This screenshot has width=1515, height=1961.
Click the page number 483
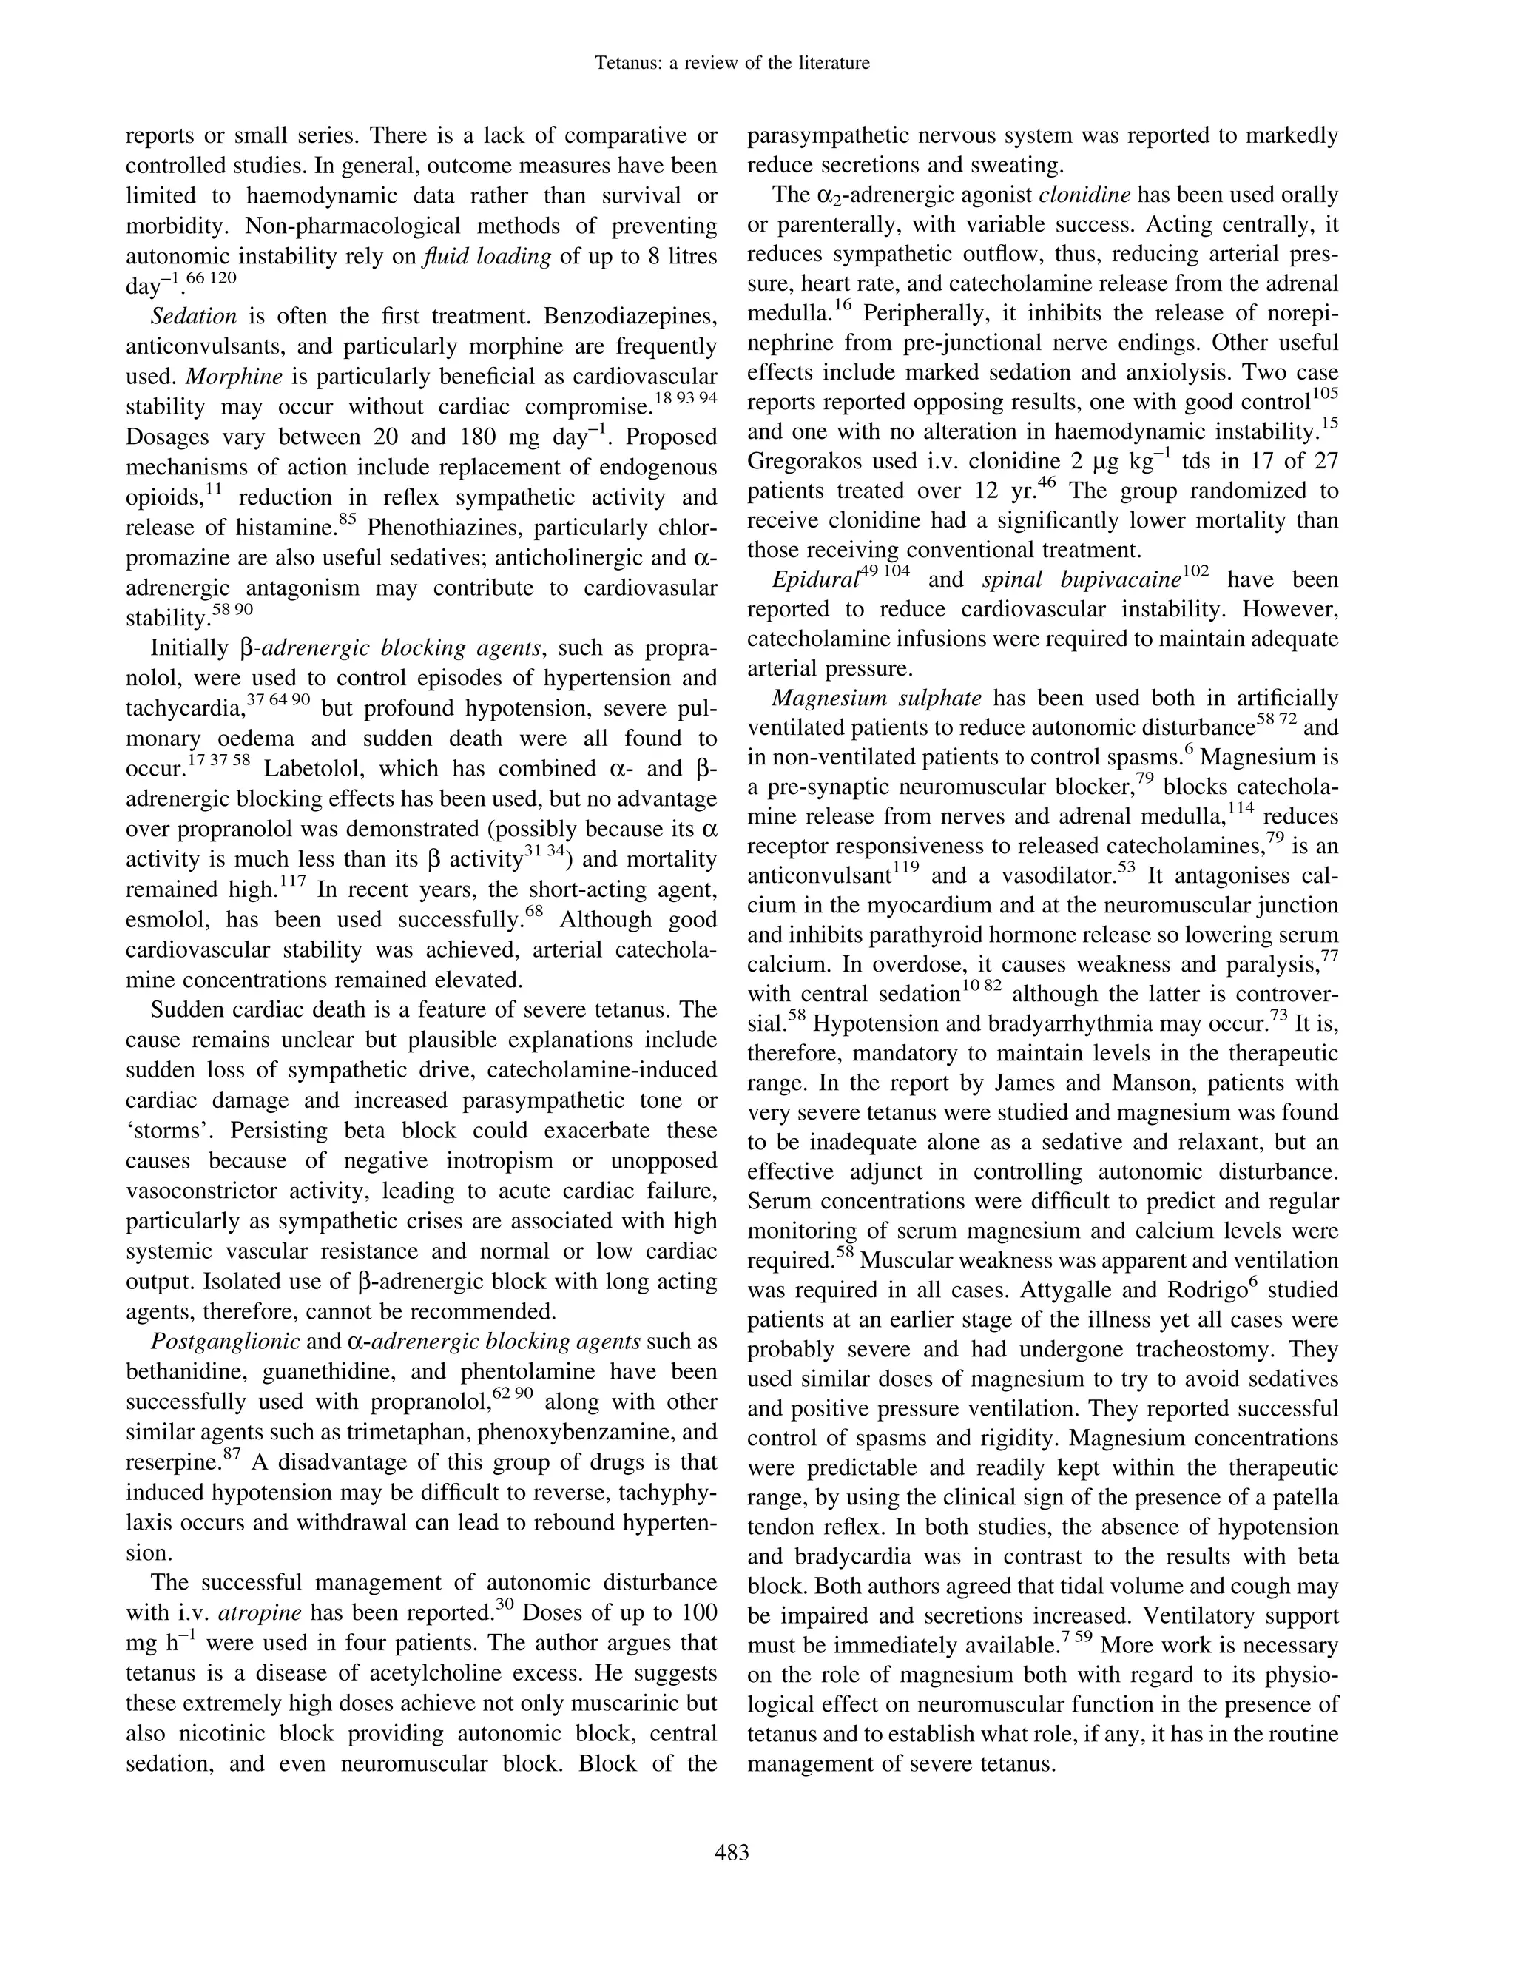pyautogui.click(x=732, y=1851)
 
